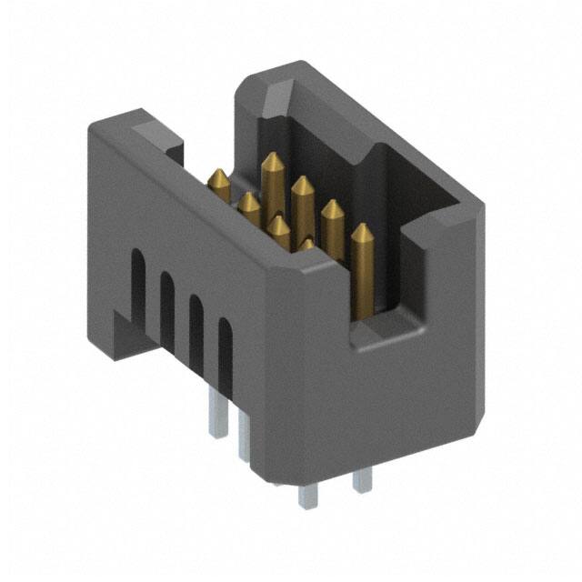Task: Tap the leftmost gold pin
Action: [218, 182]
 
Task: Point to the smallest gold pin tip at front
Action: [307, 244]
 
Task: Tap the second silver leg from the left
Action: [244, 436]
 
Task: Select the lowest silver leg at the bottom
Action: [305, 496]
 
